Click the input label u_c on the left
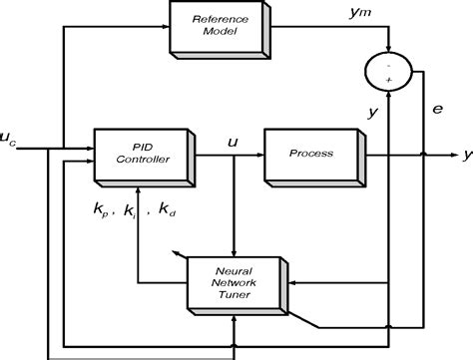coord(10,139)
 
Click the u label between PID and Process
coord(233,141)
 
